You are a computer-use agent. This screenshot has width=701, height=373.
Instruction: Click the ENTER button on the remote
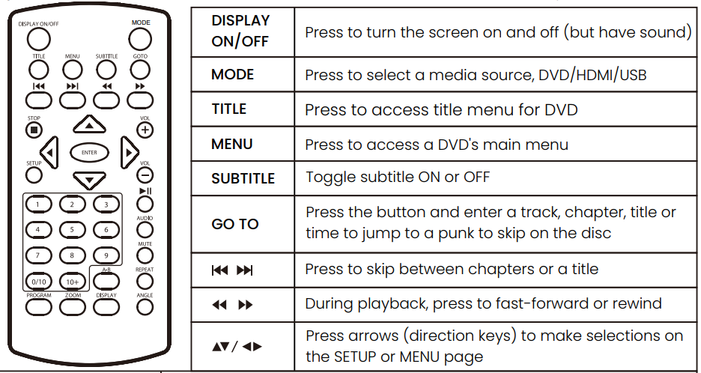(x=89, y=153)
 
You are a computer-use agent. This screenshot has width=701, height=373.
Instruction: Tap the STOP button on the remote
(x=34, y=130)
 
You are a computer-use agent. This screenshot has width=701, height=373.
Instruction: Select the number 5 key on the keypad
(x=72, y=230)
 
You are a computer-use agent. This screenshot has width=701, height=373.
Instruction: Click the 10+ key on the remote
(x=73, y=282)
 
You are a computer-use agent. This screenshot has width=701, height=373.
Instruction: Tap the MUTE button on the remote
(x=145, y=255)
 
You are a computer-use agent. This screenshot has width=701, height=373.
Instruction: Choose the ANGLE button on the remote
(x=145, y=307)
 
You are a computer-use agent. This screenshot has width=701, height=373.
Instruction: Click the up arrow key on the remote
(x=89, y=124)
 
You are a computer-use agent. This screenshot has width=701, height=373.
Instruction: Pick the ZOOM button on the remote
(x=73, y=307)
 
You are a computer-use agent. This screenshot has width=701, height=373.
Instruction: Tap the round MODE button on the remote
(x=140, y=40)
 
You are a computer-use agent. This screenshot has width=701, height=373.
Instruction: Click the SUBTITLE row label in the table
(x=243, y=178)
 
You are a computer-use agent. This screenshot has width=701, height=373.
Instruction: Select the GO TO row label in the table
(x=234, y=224)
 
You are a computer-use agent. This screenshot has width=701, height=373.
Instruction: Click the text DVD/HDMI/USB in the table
(x=592, y=75)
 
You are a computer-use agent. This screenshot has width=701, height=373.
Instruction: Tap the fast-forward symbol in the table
(x=246, y=305)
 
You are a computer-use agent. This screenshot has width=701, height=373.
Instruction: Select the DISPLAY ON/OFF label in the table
(x=240, y=31)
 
